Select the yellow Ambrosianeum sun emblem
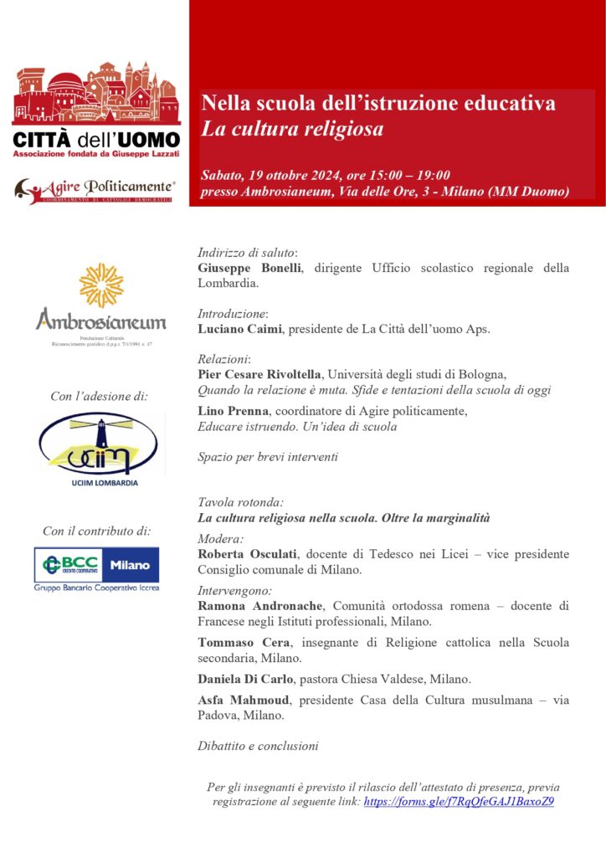pos(101,285)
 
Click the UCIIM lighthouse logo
pos(100,443)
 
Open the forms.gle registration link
pos(459,801)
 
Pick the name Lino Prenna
pos(234,411)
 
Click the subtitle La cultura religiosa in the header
pos(291,130)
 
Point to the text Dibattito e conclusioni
pos(258,746)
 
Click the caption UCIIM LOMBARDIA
pos(100,483)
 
